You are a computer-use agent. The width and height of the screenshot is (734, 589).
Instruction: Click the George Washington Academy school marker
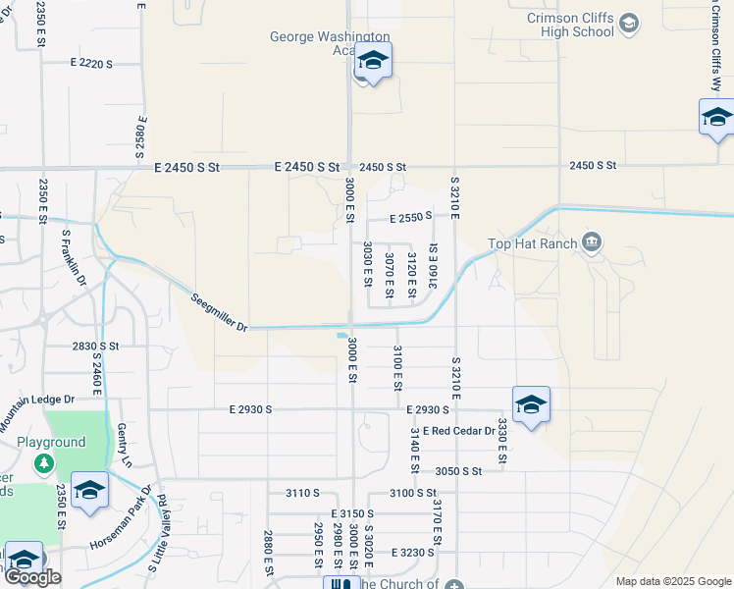[x=373, y=62]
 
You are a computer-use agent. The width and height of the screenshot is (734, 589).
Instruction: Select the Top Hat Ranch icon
[x=592, y=241]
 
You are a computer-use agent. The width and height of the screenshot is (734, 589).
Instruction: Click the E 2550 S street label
[x=410, y=217]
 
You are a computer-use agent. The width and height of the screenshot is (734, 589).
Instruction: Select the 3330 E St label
[x=501, y=441]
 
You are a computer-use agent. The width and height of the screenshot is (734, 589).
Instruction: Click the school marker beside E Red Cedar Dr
[x=531, y=405]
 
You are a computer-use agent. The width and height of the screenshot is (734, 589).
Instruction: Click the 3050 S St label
[x=459, y=471]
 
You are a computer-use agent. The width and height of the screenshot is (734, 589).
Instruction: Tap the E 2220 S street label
[x=91, y=64]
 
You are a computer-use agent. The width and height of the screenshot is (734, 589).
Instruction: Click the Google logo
[x=33, y=577]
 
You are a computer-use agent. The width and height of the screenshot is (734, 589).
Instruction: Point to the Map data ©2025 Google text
[x=672, y=581]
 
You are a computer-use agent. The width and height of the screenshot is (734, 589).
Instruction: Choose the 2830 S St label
[x=94, y=347]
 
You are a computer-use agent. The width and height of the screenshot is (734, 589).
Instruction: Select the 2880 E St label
[x=268, y=553]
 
